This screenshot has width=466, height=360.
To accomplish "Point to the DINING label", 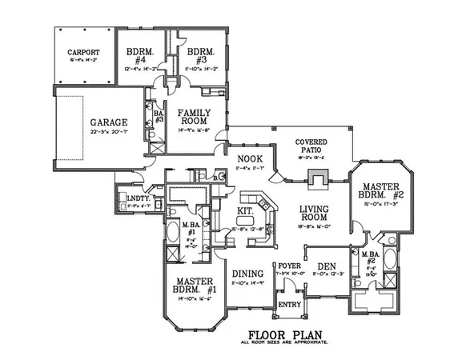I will coord(247,273).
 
